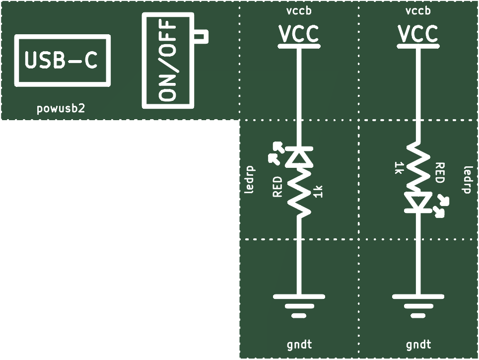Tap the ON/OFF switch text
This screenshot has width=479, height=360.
(x=168, y=61)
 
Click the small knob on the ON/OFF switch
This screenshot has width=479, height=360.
(x=201, y=37)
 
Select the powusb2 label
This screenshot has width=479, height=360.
(x=61, y=108)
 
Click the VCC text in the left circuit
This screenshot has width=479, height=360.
(x=299, y=34)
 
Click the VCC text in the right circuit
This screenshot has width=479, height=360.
(x=418, y=34)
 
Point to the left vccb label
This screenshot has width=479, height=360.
(x=299, y=11)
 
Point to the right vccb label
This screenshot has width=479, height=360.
(x=418, y=11)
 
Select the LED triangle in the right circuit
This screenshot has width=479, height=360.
(x=418, y=202)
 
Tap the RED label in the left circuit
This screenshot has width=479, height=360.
(x=277, y=186)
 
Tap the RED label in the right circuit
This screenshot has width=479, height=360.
(x=440, y=173)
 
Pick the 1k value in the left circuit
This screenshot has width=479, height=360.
(x=318, y=192)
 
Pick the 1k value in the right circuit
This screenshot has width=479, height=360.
(x=398, y=168)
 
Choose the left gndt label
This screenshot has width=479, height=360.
(x=299, y=345)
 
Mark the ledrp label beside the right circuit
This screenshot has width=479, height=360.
(x=468, y=180)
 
